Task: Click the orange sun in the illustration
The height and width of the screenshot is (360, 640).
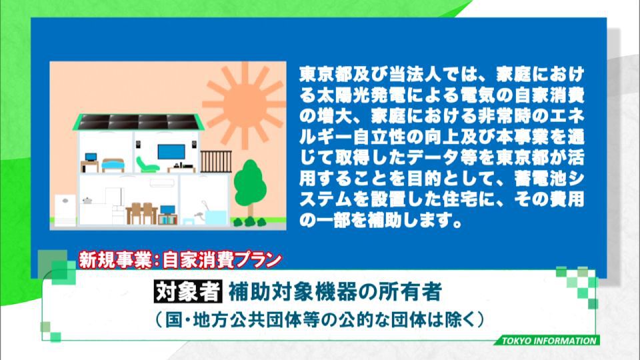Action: (x=245, y=105)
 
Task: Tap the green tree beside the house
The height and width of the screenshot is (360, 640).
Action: (x=250, y=188)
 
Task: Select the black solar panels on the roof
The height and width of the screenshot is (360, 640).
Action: (x=139, y=122)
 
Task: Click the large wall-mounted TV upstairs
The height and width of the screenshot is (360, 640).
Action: (x=171, y=152)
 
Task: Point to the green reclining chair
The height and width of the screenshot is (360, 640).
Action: (x=146, y=164)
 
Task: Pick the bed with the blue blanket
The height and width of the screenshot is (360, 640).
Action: (x=113, y=165)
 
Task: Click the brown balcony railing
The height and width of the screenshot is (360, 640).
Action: (x=216, y=161)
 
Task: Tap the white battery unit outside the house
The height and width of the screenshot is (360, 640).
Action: (x=65, y=210)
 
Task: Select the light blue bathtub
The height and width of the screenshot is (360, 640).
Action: (x=215, y=217)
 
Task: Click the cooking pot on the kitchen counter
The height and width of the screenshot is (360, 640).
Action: (x=87, y=201)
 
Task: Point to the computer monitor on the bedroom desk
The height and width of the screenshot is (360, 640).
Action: (x=91, y=157)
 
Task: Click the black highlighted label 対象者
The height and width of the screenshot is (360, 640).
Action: (x=188, y=291)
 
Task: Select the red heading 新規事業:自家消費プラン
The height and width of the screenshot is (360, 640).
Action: (x=180, y=261)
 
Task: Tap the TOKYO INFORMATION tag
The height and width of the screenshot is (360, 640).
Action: (x=549, y=341)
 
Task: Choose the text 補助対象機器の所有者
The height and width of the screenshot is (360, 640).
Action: (x=335, y=291)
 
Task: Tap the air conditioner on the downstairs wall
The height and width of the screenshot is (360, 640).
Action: (x=161, y=183)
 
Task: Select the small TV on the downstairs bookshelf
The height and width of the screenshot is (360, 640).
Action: (x=167, y=210)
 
